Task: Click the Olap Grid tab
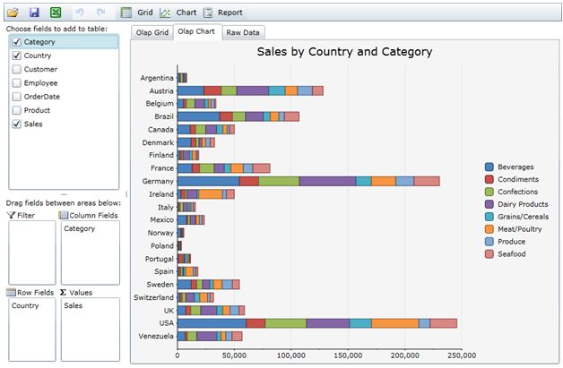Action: click(150, 32)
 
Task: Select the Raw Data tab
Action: click(243, 32)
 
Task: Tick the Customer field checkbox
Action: click(17, 69)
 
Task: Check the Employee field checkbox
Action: click(17, 83)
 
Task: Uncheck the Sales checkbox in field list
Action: click(17, 124)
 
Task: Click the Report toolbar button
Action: click(222, 13)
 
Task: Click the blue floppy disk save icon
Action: click(34, 13)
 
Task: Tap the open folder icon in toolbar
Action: click(13, 13)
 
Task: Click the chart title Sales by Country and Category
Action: click(344, 52)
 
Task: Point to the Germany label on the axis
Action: click(157, 181)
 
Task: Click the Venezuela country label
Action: click(155, 336)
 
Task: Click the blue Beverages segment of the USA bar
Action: click(212, 323)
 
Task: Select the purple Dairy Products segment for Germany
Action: click(327, 181)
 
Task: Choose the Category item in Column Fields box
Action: click(80, 228)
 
